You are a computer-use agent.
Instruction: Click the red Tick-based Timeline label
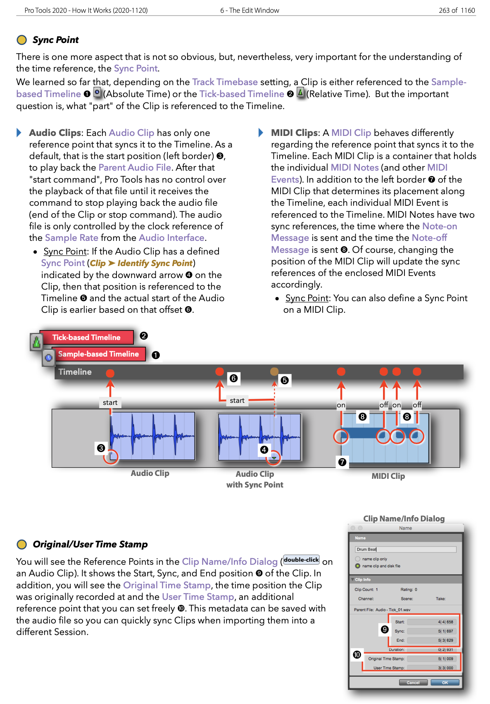[86, 338]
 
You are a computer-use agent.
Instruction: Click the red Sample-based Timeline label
[98, 354]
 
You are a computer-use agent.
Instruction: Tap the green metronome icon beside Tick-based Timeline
[36, 342]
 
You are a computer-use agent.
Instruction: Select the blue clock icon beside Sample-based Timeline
[48, 358]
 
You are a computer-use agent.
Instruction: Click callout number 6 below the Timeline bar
[233, 378]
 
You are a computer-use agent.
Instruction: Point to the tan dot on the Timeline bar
[274, 371]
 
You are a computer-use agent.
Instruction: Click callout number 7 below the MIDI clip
[342, 462]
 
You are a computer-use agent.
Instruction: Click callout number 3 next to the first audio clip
[101, 448]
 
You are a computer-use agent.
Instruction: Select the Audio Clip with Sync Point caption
[255, 479]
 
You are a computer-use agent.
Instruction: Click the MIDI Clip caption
[388, 476]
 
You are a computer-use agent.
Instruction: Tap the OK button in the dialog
[445, 683]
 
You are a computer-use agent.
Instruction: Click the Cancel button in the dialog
[413, 683]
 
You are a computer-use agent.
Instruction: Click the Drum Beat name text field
[405, 549]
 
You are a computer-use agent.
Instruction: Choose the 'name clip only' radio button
[358, 559]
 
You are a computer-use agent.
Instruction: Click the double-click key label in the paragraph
[302, 560]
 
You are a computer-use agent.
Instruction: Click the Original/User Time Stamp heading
[90, 545]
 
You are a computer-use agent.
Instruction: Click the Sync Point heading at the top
[55, 40]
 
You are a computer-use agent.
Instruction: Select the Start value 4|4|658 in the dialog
[445, 622]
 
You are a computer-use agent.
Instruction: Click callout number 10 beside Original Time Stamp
[357, 655]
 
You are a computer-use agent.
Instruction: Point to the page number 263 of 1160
[457, 10]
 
